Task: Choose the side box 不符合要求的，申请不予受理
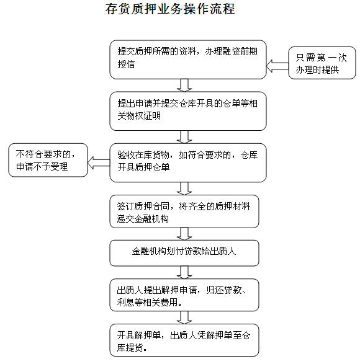48,160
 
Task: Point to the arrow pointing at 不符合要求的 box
99,162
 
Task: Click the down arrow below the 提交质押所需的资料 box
184,85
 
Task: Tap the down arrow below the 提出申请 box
184,136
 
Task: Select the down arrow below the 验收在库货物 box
184,188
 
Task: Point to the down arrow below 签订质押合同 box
184,234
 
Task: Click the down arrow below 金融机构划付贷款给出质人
184,272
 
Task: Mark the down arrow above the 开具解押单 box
184,317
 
